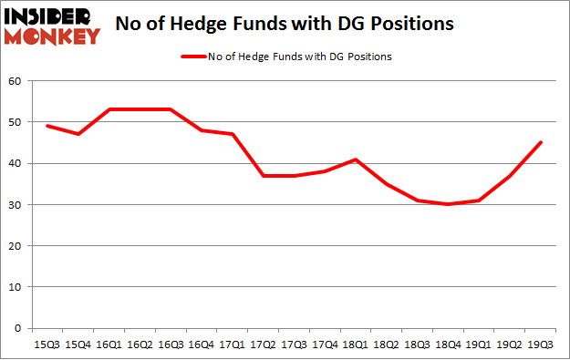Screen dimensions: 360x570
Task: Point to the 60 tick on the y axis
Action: pos(16,81)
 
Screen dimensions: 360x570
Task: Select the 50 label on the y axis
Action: pos(16,122)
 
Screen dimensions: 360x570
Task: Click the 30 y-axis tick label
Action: pos(16,204)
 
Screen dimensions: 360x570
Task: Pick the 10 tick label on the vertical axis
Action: pos(16,287)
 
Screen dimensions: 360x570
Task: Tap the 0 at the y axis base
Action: pos(18,328)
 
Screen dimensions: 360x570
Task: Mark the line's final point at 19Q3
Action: pos(540,142)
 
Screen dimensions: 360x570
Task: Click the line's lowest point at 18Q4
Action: pos(447,204)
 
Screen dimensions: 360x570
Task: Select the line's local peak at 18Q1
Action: pos(355,159)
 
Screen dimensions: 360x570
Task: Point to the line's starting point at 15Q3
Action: pos(47,126)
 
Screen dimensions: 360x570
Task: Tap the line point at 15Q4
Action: pos(78,134)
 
